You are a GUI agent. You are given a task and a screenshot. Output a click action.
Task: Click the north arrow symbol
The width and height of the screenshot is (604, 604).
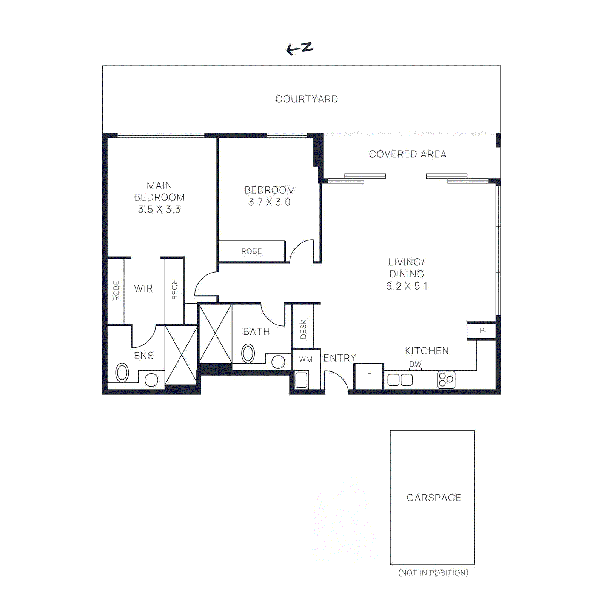pos(299,48)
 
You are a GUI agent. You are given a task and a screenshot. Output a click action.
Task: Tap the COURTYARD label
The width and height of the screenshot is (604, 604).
pos(307,99)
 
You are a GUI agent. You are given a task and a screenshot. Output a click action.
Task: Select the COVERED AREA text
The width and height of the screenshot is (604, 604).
pos(407,154)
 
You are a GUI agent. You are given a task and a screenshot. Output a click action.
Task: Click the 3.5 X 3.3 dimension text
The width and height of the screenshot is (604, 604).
pos(159,210)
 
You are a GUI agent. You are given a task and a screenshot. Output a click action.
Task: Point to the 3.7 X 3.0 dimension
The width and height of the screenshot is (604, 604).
pos(270,202)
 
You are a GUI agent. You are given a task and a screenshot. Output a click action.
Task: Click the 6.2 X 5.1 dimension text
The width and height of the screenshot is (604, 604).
pos(407,286)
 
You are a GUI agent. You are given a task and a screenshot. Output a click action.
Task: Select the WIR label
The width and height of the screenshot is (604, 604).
pos(143,288)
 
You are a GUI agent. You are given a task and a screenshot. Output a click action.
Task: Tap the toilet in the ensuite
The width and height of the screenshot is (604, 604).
pos(122,373)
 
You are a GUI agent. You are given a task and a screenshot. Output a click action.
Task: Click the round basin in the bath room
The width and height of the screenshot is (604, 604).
pos(278,362)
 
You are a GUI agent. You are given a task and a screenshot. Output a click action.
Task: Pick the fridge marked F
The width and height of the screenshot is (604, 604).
pos(369,376)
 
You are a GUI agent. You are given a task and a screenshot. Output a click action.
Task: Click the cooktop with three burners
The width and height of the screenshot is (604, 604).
pos(446,380)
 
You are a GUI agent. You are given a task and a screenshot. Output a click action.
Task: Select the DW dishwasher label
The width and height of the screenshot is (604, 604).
pos(415,364)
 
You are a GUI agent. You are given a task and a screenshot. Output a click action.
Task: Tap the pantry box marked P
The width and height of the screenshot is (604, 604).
pos(481,331)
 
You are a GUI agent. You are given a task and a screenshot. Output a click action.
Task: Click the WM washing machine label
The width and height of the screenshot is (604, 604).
pos(306,359)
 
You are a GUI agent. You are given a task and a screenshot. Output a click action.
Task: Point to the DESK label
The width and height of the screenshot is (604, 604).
pos(303,329)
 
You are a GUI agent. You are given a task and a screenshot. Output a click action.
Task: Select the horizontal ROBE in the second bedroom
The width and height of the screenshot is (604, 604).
pos(251,251)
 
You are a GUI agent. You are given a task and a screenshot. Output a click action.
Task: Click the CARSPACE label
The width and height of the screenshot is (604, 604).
pos(434,498)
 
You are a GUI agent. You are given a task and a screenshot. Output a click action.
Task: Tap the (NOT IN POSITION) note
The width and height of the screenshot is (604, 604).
pos(433,573)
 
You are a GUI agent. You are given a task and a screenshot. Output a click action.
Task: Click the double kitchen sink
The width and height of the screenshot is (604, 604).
pos(400,380)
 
